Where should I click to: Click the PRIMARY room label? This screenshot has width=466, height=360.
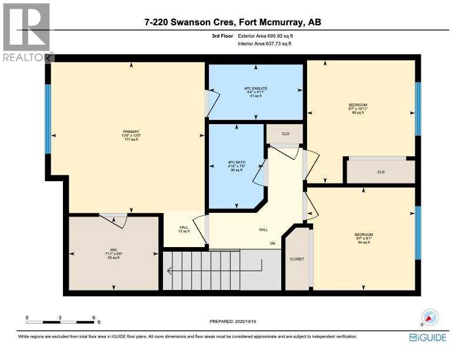point(131,135)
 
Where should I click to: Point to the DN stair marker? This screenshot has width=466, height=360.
point(272,243)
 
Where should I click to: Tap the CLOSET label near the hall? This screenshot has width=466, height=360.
point(297,259)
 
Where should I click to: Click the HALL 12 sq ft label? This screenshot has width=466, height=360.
point(184,229)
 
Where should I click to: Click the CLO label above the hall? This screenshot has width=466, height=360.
point(285,134)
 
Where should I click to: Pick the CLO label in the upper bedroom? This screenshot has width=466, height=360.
point(380,172)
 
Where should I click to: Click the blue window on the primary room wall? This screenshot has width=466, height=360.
point(48,119)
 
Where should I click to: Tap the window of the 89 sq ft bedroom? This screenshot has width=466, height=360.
point(418,109)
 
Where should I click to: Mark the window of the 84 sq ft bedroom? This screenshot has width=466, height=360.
point(418,232)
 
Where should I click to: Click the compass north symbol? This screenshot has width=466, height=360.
point(429,318)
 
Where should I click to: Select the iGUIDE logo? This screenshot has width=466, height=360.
point(427,338)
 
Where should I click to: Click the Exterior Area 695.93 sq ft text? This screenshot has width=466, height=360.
point(265,36)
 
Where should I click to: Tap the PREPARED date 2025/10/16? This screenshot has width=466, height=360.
point(233,321)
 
